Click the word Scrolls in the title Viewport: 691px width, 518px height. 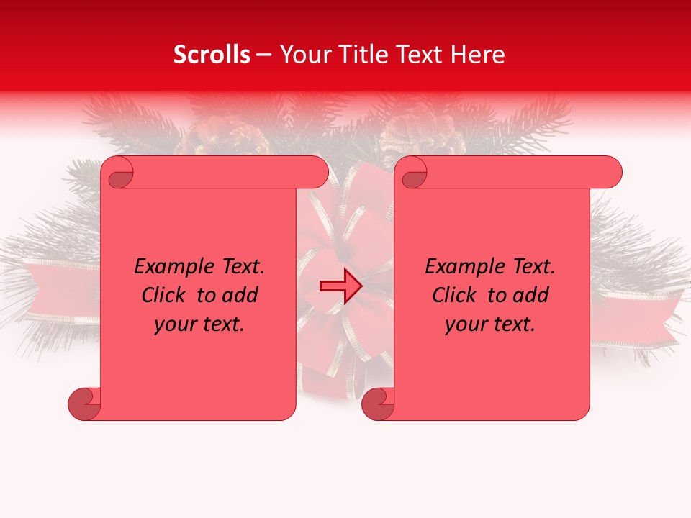(x=212, y=55)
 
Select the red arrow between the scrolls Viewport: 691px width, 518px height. (x=340, y=286)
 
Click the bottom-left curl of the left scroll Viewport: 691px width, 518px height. (x=84, y=404)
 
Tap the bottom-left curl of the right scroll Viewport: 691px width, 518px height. (x=378, y=404)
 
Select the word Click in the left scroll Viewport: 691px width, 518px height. (x=164, y=295)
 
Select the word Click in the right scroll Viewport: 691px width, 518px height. (x=455, y=295)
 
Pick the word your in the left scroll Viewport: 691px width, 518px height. (x=173, y=325)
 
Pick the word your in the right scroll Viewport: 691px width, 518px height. (x=464, y=325)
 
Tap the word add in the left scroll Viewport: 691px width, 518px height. (x=241, y=295)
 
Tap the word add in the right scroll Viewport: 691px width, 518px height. (x=532, y=295)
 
